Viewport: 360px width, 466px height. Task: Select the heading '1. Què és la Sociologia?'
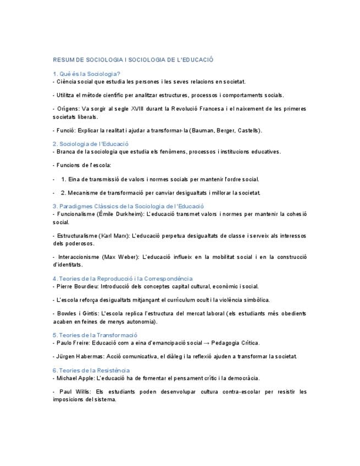(86, 74)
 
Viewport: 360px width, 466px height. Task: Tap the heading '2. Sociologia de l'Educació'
(91, 144)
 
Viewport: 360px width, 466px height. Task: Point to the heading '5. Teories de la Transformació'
(95, 335)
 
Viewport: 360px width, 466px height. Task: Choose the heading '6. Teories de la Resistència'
(91, 370)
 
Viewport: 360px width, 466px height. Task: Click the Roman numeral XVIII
(146, 109)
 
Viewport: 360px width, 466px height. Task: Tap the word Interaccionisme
(76, 257)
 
